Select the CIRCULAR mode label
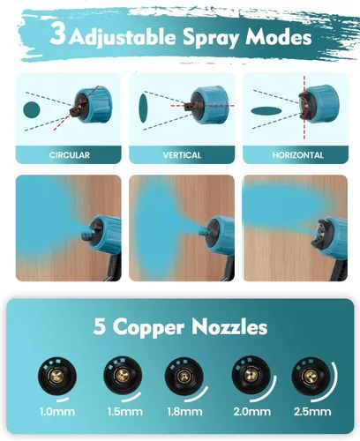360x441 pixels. click(70, 155)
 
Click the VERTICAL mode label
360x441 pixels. click(182, 155)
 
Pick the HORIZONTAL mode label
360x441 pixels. click(297, 155)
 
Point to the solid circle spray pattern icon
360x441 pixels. click(32, 109)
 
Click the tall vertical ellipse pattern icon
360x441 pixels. click(143, 108)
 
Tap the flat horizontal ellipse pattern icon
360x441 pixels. click(266, 111)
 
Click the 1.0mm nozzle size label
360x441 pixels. click(57, 412)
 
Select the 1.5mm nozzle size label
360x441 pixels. click(125, 412)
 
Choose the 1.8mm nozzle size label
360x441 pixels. click(184, 412)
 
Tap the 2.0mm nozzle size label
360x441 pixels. click(252, 412)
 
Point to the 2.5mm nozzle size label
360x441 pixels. click(312, 412)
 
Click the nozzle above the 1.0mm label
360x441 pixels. click(57, 377)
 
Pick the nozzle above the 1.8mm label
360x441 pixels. click(184, 377)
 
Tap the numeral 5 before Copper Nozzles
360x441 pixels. click(100, 326)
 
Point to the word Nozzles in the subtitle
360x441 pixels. click(229, 326)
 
